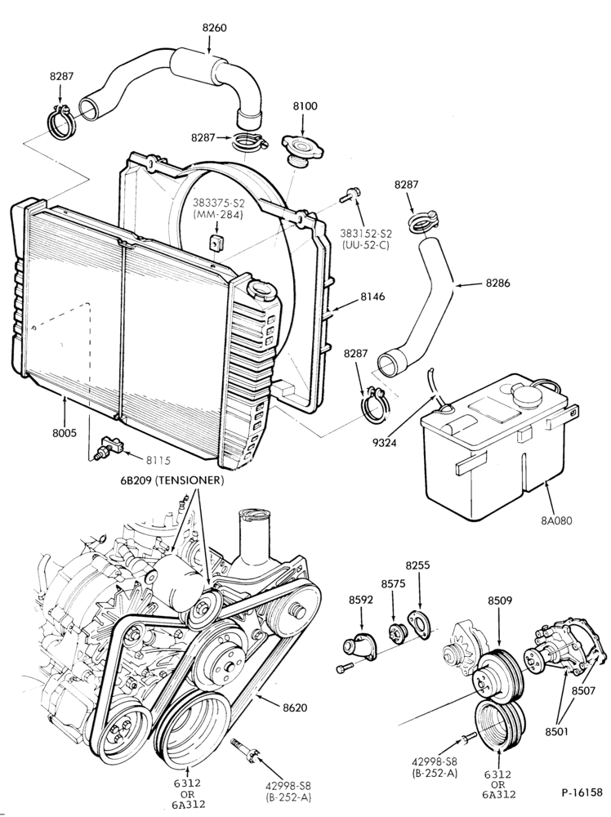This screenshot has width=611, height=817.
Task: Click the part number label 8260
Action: pos(214,28)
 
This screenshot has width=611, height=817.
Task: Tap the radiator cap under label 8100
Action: pos(302,147)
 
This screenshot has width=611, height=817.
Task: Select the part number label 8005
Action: pos(65,432)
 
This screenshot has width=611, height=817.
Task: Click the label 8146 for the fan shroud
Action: pos(372,297)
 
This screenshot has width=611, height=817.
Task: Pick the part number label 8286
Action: pos(497,283)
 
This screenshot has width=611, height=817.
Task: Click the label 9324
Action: pos(385,443)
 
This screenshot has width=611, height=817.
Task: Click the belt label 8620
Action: pos(295,707)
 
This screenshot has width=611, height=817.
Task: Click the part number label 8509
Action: pos(500,600)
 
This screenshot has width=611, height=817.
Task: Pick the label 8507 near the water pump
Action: pos(584,690)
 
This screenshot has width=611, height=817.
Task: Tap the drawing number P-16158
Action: pos(582,792)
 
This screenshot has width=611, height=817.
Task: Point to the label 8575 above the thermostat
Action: pos(393,584)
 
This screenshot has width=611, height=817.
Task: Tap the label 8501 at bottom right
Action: pos(557,731)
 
